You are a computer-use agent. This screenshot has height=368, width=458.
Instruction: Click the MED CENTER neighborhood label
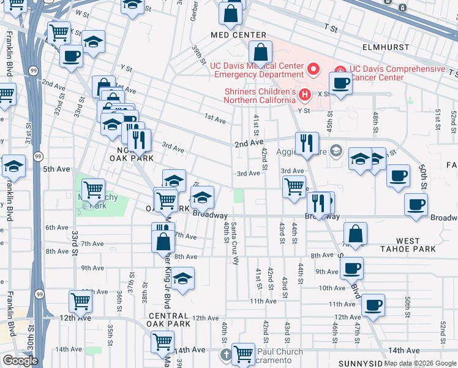(239, 35)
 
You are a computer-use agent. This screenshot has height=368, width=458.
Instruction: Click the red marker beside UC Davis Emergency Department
(314, 69)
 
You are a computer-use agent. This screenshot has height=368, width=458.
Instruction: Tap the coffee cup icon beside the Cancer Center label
(340, 83)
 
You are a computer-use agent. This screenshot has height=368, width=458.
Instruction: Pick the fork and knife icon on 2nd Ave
(307, 143)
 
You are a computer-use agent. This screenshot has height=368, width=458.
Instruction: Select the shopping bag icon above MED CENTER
(231, 13)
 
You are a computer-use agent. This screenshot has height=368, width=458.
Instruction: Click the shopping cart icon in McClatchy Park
(93, 190)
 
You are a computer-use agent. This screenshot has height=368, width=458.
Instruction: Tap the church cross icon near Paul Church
(226, 355)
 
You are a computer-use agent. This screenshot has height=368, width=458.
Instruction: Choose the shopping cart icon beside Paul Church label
(244, 353)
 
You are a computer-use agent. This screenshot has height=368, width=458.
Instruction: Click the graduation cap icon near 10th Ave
(182, 278)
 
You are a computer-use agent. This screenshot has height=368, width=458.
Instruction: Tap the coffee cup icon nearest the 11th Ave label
(372, 305)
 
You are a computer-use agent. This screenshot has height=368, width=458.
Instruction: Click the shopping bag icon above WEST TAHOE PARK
(355, 234)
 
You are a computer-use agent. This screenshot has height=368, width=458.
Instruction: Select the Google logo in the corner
(20, 361)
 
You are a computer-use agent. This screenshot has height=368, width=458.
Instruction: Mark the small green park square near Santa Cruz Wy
(238, 196)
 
